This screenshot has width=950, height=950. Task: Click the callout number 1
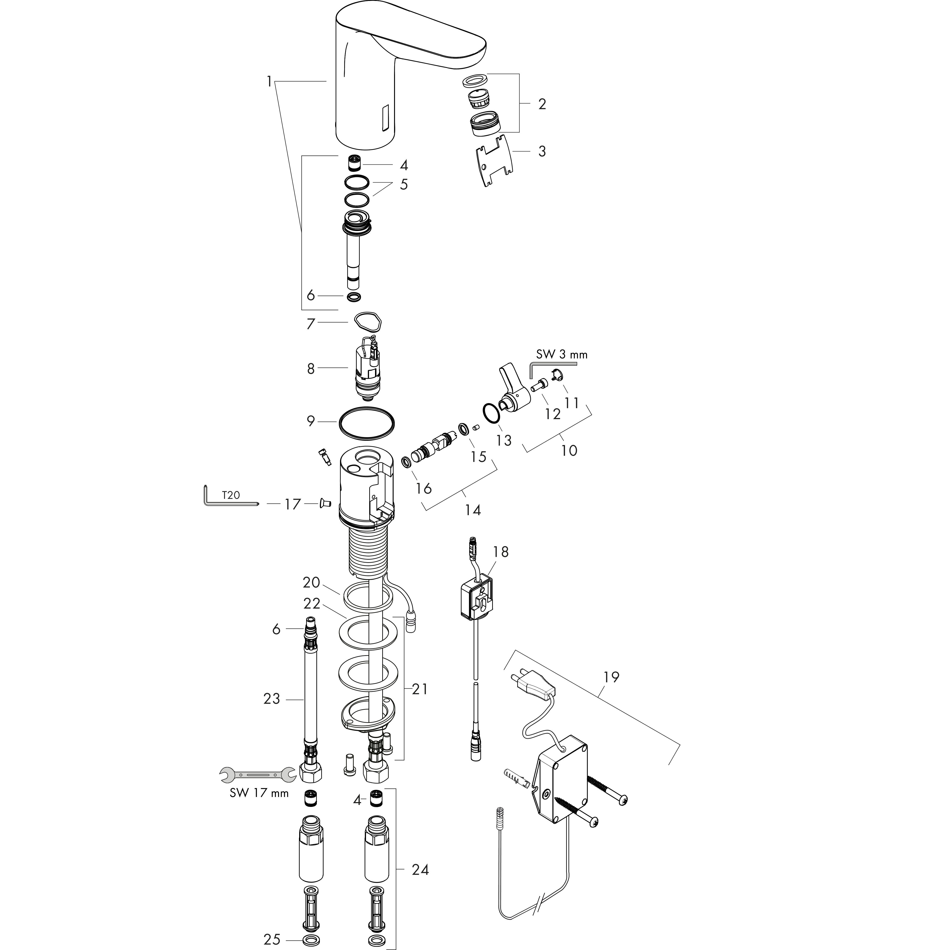pyautogui.click(x=269, y=81)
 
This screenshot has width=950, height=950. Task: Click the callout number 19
pyautogui.click(x=611, y=677)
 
